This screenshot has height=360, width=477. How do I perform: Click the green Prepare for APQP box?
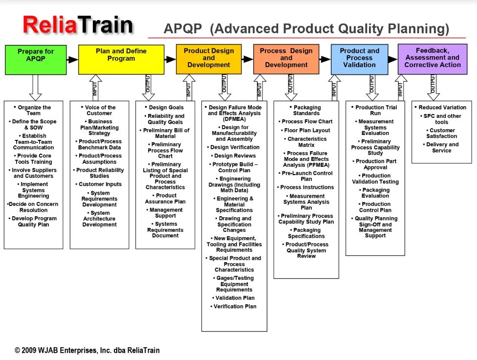click(36, 59)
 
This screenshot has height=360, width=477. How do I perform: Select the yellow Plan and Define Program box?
click(121, 59)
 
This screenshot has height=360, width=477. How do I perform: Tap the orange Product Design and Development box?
click(209, 59)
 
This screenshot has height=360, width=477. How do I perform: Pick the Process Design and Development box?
click(286, 59)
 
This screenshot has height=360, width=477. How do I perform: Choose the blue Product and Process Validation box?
click(359, 59)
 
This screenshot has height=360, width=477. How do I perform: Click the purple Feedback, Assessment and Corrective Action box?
click(433, 59)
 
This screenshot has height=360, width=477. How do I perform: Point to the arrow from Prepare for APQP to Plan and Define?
click(72, 59)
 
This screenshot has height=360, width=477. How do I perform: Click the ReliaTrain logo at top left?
click(77, 25)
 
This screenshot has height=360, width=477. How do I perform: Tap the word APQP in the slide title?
click(183, 29)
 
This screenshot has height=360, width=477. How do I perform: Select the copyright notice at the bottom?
click(87, 350)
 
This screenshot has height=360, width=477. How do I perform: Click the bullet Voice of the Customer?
click(100, 111)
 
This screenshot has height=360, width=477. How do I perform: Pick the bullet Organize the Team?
click(34, 111)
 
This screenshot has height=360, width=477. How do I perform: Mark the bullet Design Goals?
click(166, 108)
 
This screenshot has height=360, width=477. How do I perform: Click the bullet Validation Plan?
click(235, 298)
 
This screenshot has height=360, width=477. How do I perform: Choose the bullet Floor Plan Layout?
click(306, 131)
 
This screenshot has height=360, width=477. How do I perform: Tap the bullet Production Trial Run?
click(375, 111)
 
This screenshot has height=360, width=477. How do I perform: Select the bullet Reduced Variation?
click(442, 108)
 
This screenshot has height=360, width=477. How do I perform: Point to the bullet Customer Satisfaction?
click(442, 133)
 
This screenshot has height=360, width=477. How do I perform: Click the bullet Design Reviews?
click(235, 156)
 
